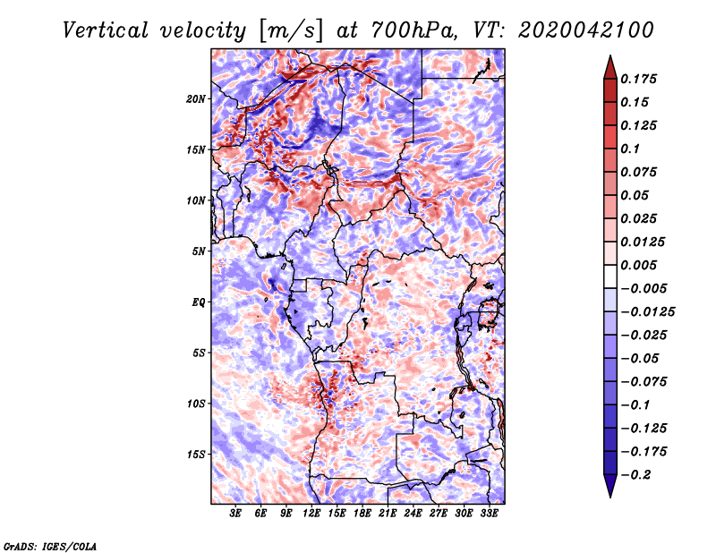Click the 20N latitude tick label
(x=196, y=98)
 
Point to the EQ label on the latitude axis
(x=199, y=302)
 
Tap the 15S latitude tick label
(x=196, y=454)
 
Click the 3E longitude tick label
(x=236, y=514)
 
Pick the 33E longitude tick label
(x=490, y=514)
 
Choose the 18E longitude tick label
(x=362, y=514)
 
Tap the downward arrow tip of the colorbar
(x=609, y=494)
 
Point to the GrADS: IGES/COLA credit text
(x=50, y=545)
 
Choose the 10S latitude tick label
(x=196, y=403)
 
